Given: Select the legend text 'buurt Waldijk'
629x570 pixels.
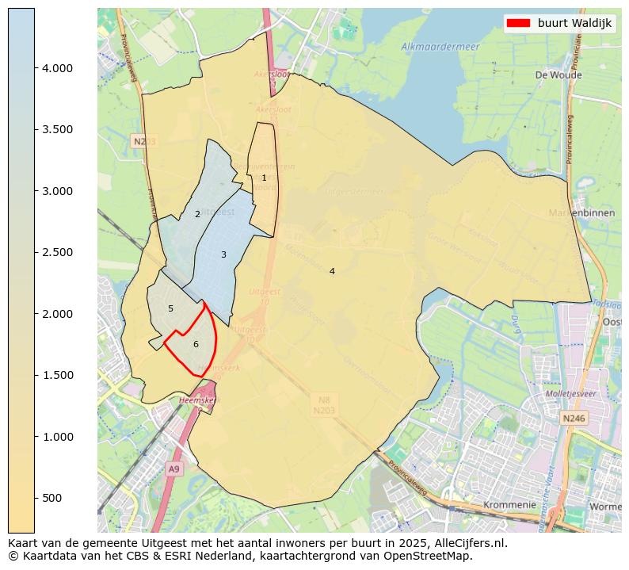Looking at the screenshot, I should [x=574, y=23].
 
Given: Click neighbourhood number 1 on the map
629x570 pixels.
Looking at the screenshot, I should [x=264, y=178].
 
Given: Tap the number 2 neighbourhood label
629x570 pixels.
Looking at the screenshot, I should [x=197, y=214].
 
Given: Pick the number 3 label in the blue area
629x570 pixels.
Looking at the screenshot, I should [x=223, y=254].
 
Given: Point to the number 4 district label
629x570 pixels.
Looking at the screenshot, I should [x=332, y=271].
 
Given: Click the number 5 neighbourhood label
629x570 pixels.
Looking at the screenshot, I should [x=170, y=308].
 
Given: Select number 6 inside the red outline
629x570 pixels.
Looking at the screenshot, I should [x=196, y=344].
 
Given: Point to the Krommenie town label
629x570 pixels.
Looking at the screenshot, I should [x=508, y=504].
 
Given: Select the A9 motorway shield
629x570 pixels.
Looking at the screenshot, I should [x=173, y=469].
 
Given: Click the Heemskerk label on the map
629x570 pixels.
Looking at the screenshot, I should [x=196, y=401].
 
